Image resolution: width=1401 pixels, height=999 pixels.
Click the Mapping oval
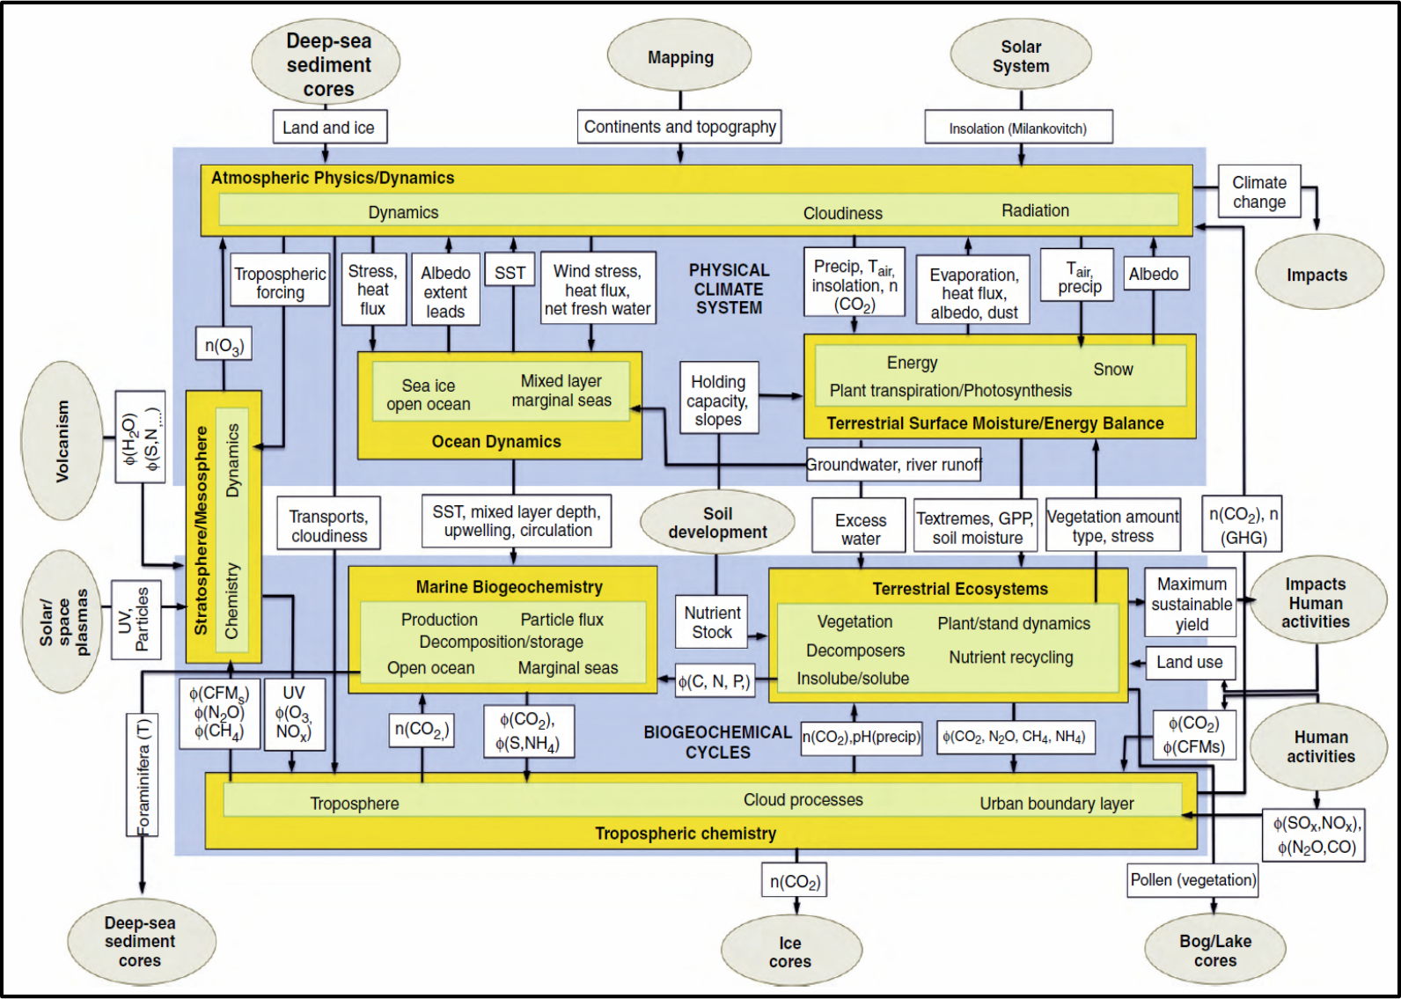click(679, 57)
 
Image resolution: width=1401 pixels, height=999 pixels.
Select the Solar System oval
click(1021, 56)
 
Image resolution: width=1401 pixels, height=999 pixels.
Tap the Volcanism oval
click(62, 440)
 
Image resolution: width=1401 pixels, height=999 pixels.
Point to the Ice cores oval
click(790, 952)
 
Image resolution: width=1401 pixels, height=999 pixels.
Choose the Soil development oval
click(717, 523)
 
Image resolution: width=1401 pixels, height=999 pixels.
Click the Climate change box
click(1259, 192)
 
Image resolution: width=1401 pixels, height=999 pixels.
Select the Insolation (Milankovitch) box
click(1018, 129)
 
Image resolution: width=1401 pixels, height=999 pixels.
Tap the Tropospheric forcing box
click(280, 283)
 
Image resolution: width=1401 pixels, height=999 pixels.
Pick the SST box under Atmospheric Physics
click(510, 273)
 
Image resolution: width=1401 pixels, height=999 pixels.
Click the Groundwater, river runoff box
click(893, 465)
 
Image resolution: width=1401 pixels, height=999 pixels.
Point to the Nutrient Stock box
click(712, 622)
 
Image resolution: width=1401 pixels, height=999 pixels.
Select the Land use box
click(1190, 662)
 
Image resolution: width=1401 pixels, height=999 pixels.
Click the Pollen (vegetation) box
click(1193, 880)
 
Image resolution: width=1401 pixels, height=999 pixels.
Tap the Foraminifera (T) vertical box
click(143, 775)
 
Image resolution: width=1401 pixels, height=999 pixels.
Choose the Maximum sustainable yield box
click(1192, 604)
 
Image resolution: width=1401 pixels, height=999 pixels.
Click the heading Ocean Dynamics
click(496, 442)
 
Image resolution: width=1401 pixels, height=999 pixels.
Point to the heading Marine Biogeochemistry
click(509, 587)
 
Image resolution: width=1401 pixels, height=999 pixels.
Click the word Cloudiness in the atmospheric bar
click(842, 213)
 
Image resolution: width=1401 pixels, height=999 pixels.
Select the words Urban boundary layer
click(1057, 804)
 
